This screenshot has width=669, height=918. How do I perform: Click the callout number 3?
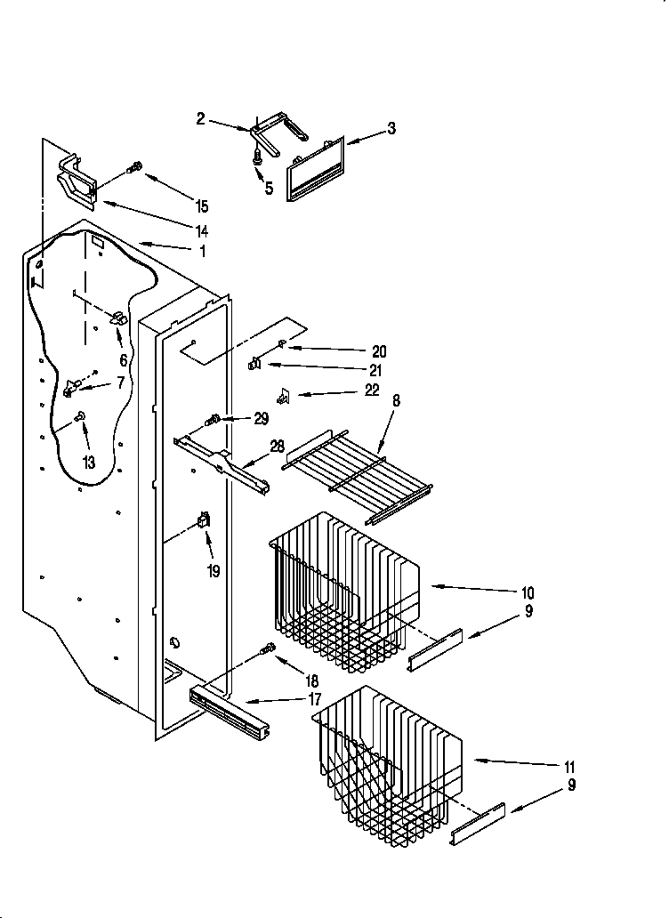pyautogui.click(x=391, y=129)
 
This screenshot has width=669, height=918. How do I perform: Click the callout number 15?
pyautogui.click(x=202, y=206)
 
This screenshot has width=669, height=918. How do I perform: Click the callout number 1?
pyautogui.click(x=202, y=252)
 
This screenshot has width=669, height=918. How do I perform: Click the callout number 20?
pyautogui.click(x=380, y=351)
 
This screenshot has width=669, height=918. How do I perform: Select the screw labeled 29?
pyautogui.click(x=213, y=419)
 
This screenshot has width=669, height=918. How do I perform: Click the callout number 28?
pyautogui.click(x=278, y=447)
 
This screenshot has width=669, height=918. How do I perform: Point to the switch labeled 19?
pyautogui.click(x=204, y=525)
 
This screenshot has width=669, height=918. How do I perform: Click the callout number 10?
pyautogui.click(x=528, y=592)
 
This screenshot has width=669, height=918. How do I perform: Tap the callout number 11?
pyautogui.click(x=569, y=767)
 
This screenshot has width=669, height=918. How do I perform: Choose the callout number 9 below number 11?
pyautogui.click(x=571, y=785)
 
